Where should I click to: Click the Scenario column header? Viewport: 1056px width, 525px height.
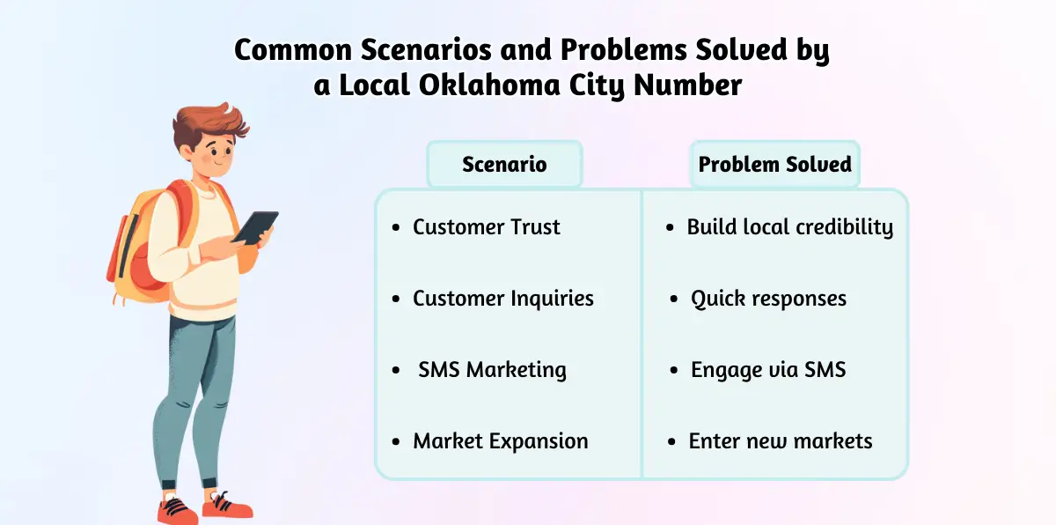pos(504,165)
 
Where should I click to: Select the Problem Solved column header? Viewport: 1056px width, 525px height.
pos(774,165)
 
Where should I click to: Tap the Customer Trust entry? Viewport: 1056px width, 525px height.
pos(486,227)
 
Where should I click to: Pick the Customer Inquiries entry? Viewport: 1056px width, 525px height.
pos(502,299)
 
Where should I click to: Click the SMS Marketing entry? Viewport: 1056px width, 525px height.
pos(492,370)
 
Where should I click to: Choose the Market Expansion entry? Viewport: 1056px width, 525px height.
pos(500,441)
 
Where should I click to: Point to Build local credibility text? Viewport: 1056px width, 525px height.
pos(789,227)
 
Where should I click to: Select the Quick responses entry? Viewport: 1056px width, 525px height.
pos(768,299)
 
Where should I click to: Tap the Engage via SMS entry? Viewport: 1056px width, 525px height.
pos(767,370)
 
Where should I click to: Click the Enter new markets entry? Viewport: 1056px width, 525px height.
pos(780,441)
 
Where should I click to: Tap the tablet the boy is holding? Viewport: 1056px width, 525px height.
pos(256,227)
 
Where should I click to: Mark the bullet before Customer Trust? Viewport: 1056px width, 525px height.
pos(396,228)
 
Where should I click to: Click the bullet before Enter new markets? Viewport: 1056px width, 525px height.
pos(671,441)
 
